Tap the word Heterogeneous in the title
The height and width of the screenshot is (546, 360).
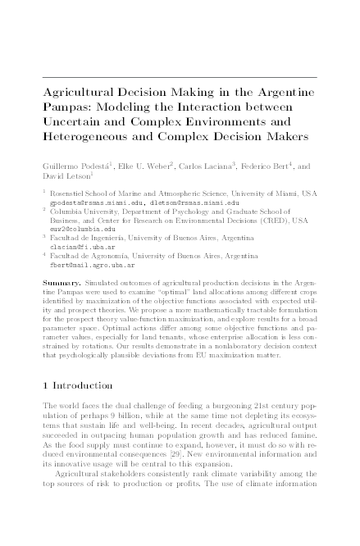coord(90,134)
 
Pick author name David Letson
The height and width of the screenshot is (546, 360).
coord(66,176)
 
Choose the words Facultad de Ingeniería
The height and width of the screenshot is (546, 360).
coord(94,239)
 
